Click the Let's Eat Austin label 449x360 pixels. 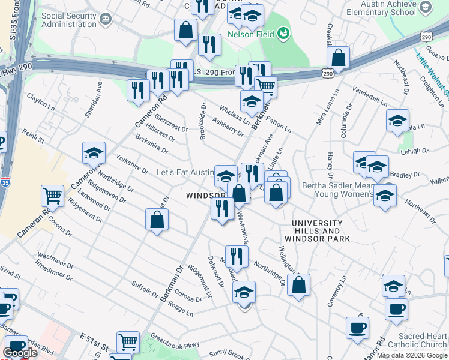(x=184, y=172)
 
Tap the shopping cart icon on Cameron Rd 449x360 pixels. (x=53, y=196)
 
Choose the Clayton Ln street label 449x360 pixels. (x=40, y=100)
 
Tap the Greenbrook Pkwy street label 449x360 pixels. (x=174, y=340)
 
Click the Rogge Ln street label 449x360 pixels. (x=181, y=309)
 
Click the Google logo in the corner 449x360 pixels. (x=20, y=353)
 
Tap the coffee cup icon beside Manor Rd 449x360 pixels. (x=357, y=328)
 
